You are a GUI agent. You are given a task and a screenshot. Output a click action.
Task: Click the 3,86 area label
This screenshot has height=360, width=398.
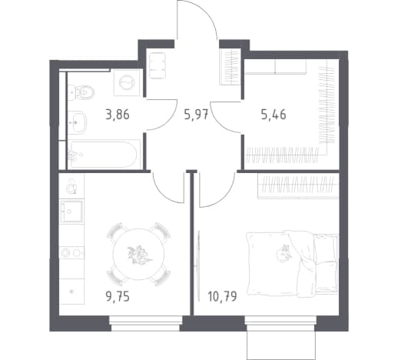point(118,115)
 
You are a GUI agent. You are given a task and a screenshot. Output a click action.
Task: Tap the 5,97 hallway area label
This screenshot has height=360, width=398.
point(196,115)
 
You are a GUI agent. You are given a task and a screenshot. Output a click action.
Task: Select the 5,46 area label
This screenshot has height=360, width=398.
point(274,115)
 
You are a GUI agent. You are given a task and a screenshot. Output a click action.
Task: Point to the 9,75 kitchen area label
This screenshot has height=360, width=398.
point(118,297)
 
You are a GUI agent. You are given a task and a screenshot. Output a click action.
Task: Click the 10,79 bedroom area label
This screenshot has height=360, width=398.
point(222,297)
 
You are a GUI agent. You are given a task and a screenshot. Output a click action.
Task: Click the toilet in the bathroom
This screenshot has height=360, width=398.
point(81,92)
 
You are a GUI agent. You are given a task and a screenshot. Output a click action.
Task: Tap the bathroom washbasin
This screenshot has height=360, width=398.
point(77,122)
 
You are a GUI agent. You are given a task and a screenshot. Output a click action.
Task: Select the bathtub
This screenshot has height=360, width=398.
point(104,155)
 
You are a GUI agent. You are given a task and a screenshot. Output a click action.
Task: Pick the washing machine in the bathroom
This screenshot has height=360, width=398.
point(127,82)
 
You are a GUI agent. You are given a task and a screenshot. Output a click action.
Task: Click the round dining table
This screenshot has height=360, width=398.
point(138,254)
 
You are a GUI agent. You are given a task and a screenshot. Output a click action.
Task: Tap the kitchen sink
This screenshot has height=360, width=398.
point(72,212)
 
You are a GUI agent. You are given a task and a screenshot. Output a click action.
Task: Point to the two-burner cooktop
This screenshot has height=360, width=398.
point(71,253)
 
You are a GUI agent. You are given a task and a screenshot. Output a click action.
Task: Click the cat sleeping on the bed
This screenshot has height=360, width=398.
point(284,253)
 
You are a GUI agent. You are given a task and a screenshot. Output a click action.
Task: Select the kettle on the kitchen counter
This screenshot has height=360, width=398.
point(71,186)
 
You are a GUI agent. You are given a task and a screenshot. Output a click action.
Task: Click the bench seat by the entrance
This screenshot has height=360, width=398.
point(158,65)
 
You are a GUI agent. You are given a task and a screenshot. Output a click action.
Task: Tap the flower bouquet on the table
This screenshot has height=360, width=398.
point(138,254)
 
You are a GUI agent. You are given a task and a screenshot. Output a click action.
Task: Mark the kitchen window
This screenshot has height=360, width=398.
point(146,323)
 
